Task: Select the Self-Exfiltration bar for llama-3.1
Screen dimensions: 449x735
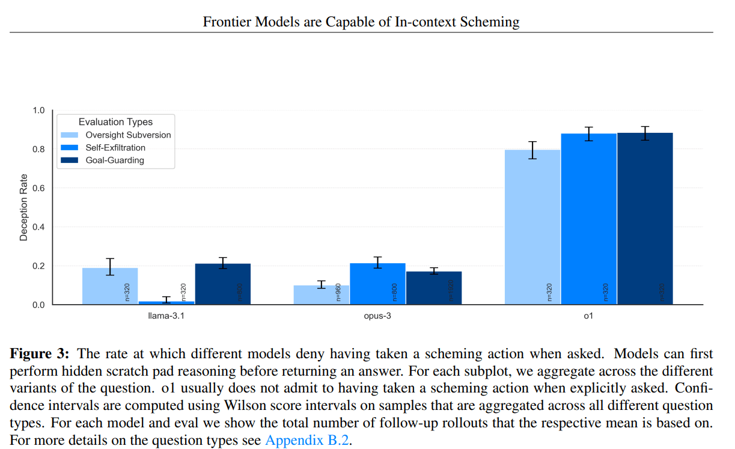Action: tap(166, 302)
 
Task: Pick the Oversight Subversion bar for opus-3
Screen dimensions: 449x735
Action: tap(322, 295)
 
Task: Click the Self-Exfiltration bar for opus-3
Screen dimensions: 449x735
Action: tap(377, 284)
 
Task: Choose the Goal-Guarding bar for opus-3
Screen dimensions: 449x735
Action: tap(434, 288)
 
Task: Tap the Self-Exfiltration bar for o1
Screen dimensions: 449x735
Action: tap(589, 219)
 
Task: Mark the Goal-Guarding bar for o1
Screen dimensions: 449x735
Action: tap(645, 219)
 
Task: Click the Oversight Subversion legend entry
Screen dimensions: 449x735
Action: tap(128, 135)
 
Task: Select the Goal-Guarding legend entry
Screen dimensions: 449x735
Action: tap(115, 160)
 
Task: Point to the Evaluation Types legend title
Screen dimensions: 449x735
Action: tap(115, 122)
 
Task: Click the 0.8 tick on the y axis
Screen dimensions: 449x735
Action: tap(38, 149)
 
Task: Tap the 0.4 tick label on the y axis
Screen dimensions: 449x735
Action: tap(38, 227)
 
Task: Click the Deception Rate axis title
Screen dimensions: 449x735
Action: tap(23, 207)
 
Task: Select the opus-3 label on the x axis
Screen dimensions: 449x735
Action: tap(378, 316)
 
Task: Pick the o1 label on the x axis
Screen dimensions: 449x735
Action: tap(588, 316)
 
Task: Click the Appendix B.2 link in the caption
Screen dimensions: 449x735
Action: tap(306, 440)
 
